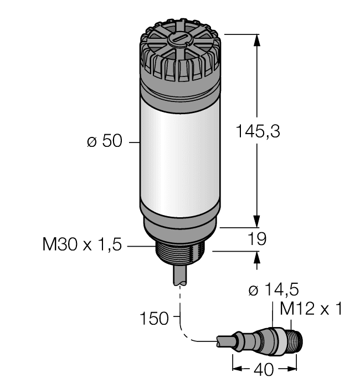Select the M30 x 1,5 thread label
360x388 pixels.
[82, 244]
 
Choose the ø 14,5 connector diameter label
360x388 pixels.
[273, 290]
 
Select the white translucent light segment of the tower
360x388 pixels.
[180, 150]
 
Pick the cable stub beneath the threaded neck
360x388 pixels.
[181, 277]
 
